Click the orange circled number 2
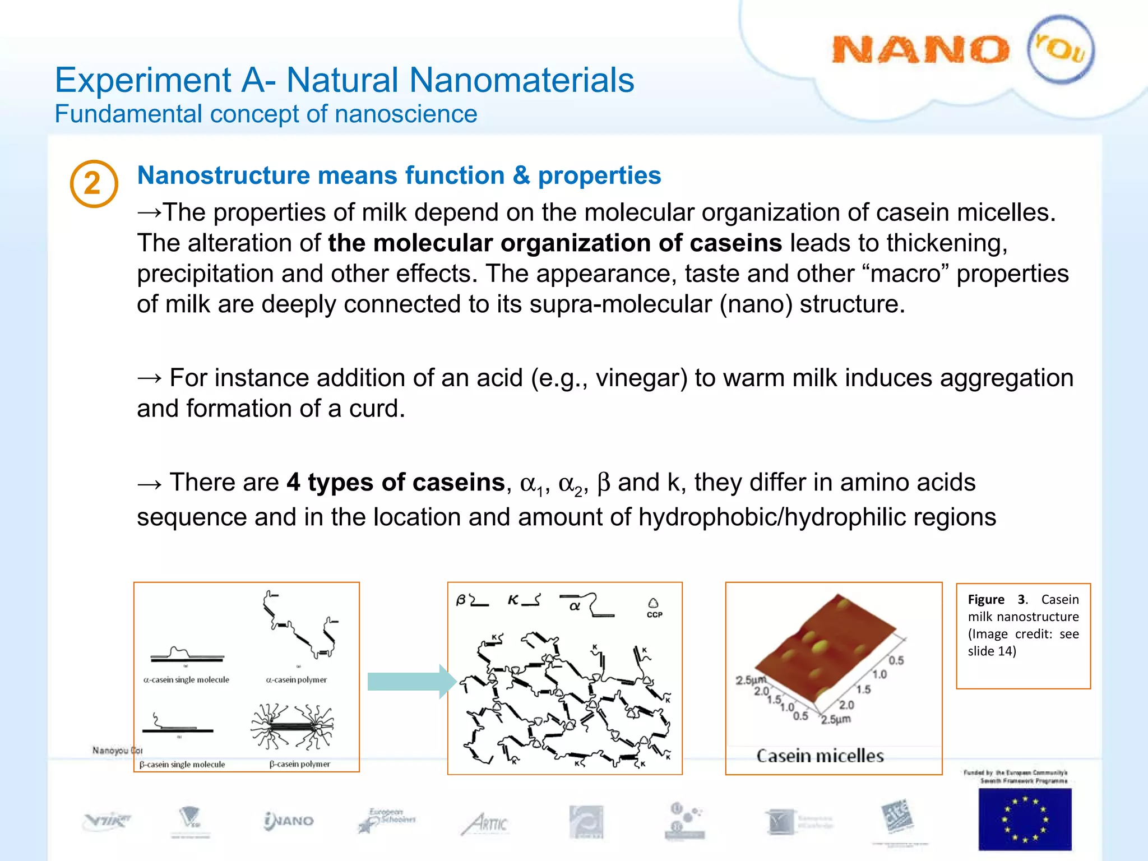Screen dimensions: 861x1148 pyautogui.click(x=94, y=184)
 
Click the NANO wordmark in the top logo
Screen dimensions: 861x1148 pyautogui.click(x=920, y=50)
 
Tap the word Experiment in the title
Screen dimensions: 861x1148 pyautogui.click(x=143, y=80)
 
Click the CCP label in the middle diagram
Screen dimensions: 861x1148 pyautogui.click(x=654, y=614)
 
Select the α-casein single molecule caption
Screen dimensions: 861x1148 pyautogui.click(x=186, y=680)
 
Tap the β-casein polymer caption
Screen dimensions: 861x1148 pyautogui.click(x=300, y=764)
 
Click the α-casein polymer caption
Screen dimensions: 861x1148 pyautogui.click(x=297, y=680)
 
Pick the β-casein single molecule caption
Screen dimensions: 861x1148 pyautogui.click(x=182, y=765)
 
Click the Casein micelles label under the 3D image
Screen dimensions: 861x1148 pyautogui.click(x=820, y=756)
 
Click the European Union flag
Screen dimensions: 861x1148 pyautogui.click(x=1025, y=819)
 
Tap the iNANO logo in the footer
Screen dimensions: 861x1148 pyautogui.click(x=289, y=821)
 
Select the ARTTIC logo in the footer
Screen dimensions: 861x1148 pyautogui.click(x=485, y=823)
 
